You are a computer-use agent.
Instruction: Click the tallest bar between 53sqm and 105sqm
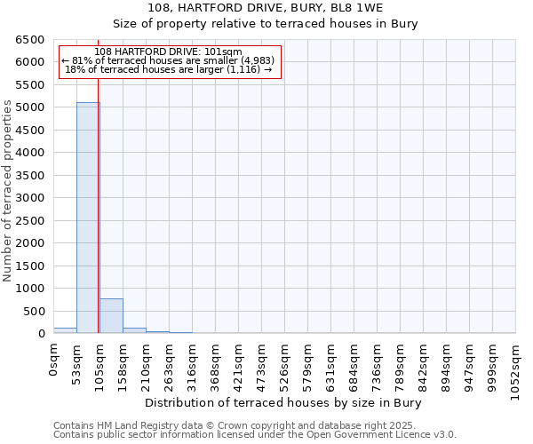pyautogui.click(x=88, y=218)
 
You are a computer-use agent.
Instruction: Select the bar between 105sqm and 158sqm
pyautogui.click(x=111, y=316)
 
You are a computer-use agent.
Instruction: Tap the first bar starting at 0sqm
pyautogui.click(x=65, y=330)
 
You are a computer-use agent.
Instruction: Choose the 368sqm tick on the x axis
pyautogui.click(x=216, y=360)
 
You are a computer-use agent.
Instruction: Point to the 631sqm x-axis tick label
pyautogui.click(x=331, y=360)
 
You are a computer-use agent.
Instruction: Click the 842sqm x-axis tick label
pyautogui.click(x=424, y=360)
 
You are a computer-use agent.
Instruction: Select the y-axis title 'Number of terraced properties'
pyautogui.click(x=8, y=191)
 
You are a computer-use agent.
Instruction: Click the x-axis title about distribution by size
pyautogui.click(x=282, y=402)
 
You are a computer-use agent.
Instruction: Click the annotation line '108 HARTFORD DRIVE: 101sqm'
pyautogui.click(x=168, y=52)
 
